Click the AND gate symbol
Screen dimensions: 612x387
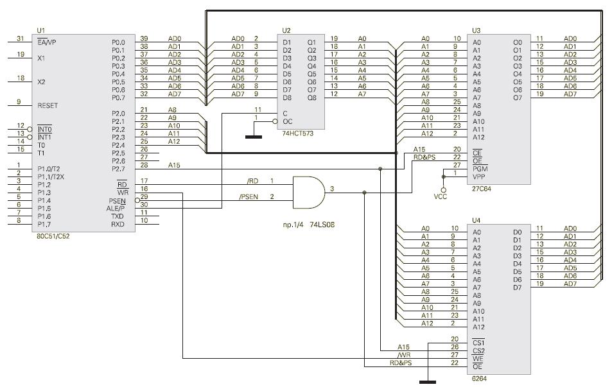pos(309,193)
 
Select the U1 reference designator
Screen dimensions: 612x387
pos(41,30)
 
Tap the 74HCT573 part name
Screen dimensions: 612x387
pos(298,133)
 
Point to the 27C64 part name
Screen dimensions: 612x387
pos(482,189)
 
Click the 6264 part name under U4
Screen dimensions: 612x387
pos(479,379)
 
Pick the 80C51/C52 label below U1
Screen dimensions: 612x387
pos(53,236)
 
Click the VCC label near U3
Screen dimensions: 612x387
pos(441,196)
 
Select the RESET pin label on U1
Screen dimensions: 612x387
pos(48,106)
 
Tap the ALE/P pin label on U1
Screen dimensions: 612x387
pos(116,209)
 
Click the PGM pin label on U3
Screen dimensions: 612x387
pos(480,169)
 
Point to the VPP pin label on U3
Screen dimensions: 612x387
pos(479,176)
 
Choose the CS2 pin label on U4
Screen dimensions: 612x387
pos(478,350)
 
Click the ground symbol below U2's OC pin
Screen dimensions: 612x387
pos(254,137)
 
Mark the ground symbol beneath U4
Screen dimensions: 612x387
pos(428,382)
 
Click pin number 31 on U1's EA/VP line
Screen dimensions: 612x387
pos(21,39)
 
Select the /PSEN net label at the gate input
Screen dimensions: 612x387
pos(249,197)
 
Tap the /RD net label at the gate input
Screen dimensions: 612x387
pos(252,181)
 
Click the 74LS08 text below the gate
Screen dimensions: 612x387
pos(322,225)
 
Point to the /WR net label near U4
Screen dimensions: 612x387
pos(403,355)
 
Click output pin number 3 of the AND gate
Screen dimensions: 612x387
pos(332,189)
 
